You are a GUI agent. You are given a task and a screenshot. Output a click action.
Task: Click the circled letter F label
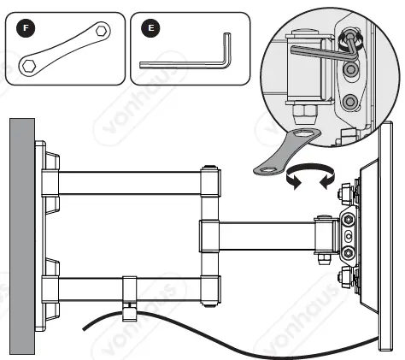26,27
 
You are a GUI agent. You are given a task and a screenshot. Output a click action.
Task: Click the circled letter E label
151,27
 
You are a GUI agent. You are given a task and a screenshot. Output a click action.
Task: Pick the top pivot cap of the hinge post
208,168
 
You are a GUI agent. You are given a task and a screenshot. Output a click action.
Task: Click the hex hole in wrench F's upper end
102,31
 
